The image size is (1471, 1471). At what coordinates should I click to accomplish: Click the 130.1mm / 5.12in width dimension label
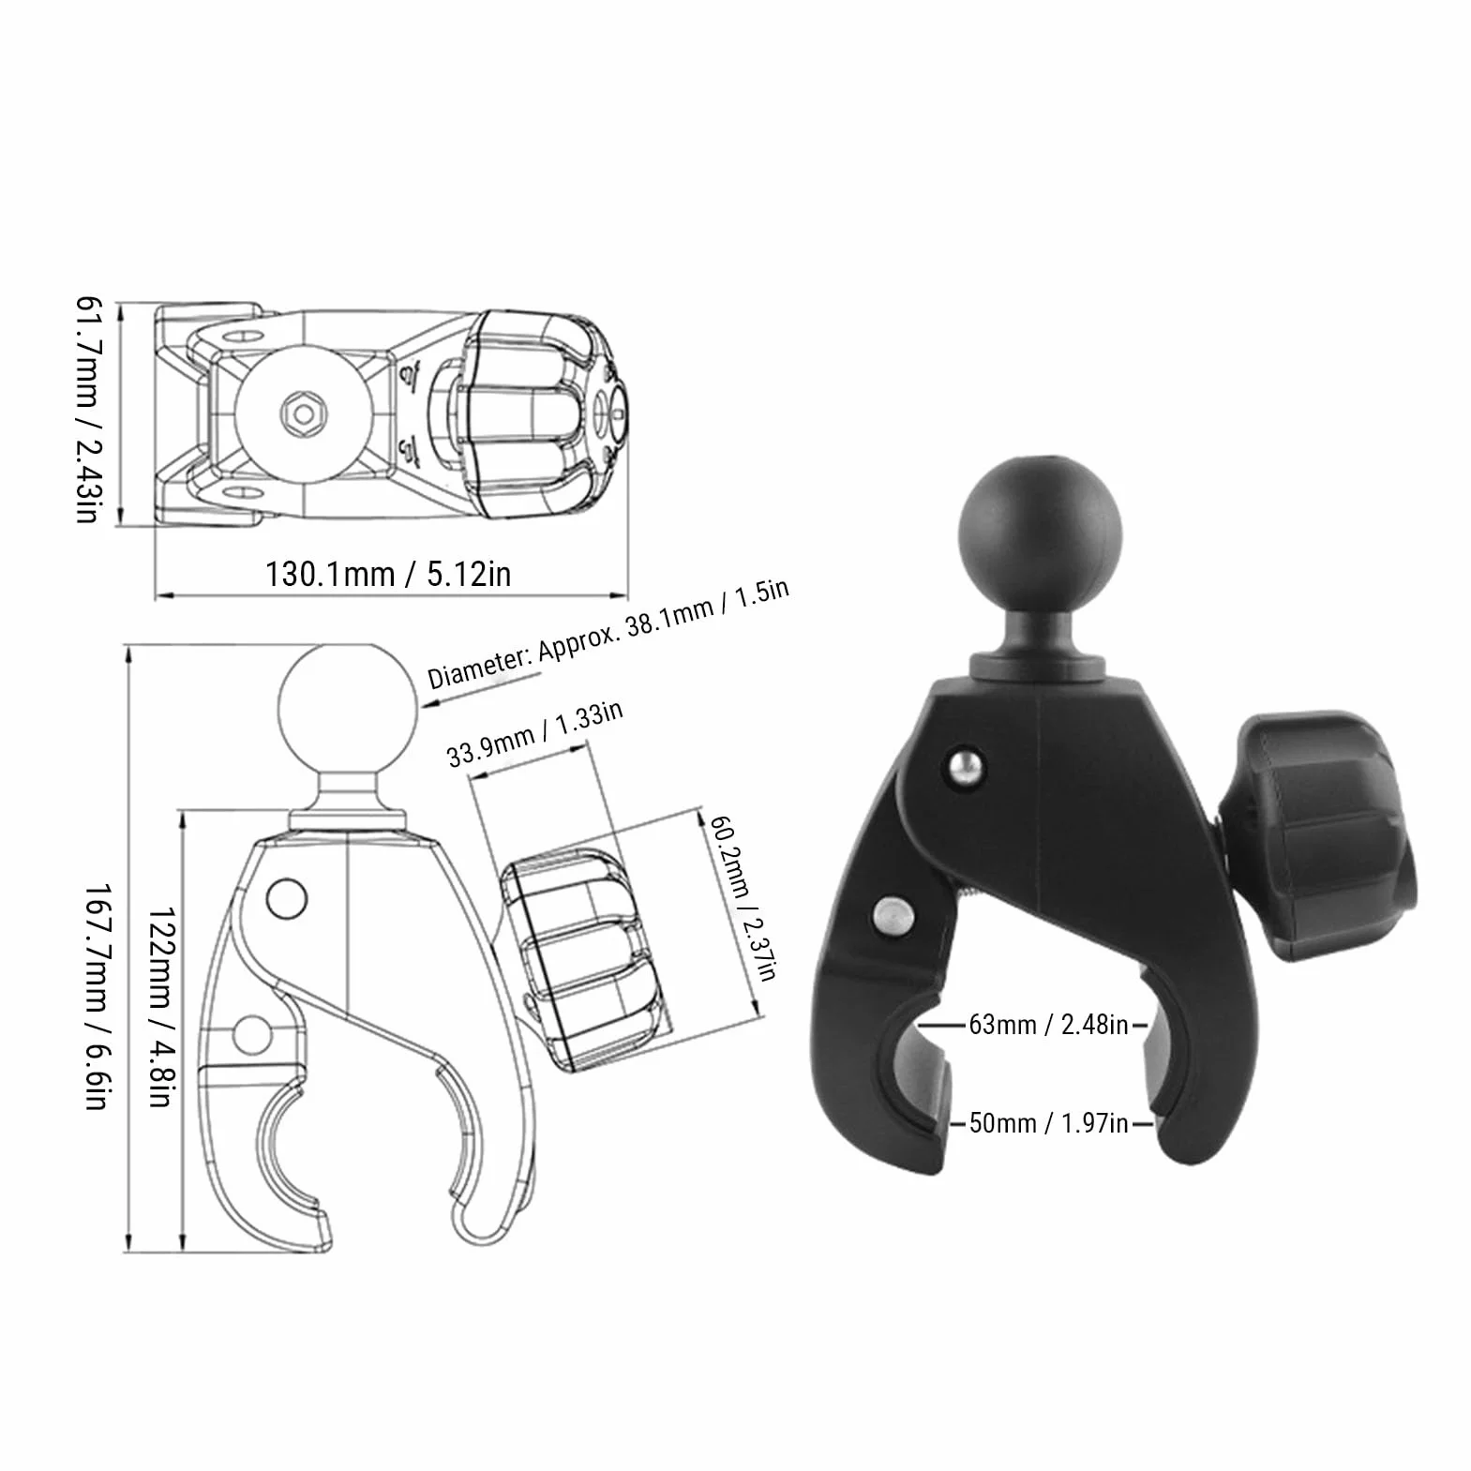tap(388, 573)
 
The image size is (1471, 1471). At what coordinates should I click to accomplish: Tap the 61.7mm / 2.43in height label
tap(88, 411)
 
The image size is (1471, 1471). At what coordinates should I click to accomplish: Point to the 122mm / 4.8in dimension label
tap(160, 1006)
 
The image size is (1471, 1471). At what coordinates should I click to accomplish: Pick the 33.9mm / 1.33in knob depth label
tap(534, 734)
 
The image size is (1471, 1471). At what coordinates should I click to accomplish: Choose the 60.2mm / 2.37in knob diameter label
tap(743, 898)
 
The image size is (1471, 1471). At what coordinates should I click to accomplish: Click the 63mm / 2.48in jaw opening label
tap(1048, 1025)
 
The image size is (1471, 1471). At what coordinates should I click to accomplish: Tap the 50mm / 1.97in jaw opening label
tap(1048, 1122)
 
